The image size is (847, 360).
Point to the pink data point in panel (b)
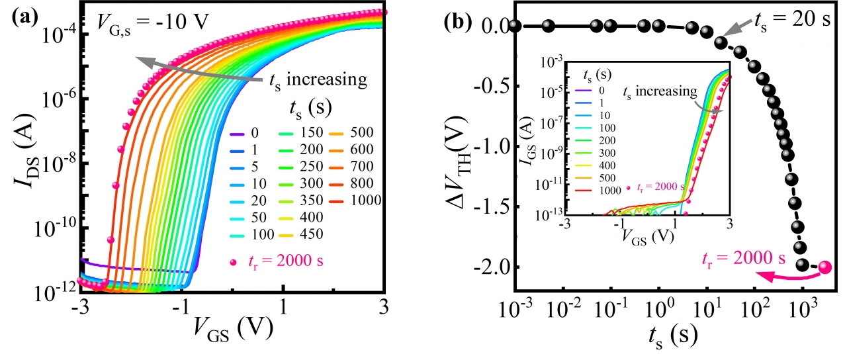click(x=825, y=267)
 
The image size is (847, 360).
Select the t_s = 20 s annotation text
click(x=793, y=18)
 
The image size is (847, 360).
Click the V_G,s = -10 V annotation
click(x=153, y=22)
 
